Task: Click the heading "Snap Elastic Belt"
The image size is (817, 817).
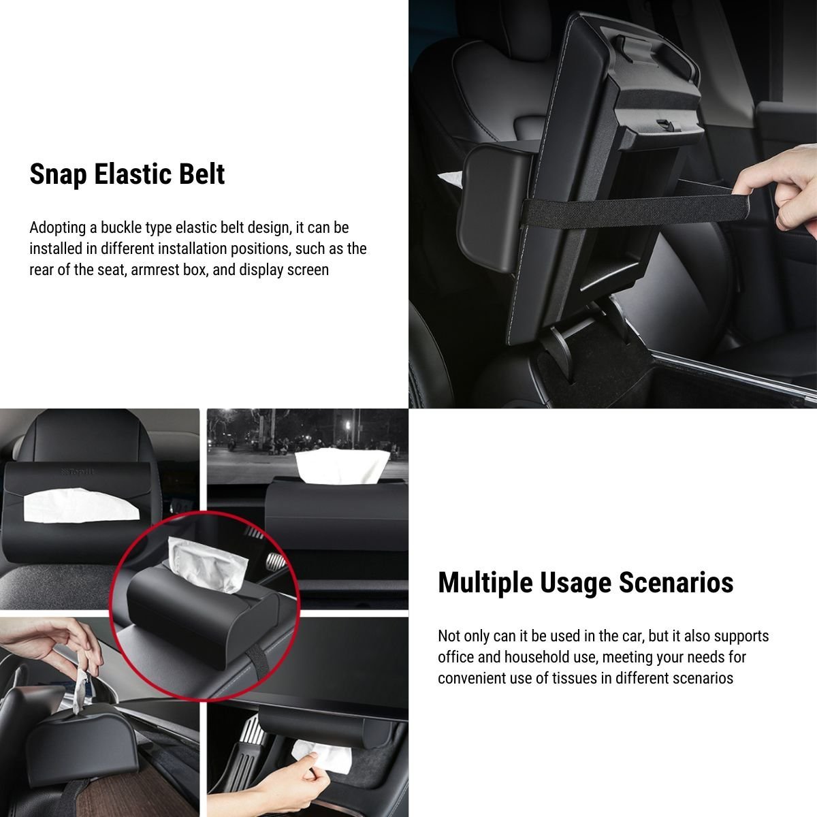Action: (127, 174)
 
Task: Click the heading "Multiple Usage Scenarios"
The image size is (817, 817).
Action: (586, 583)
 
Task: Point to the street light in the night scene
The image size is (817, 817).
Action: (348, 425)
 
